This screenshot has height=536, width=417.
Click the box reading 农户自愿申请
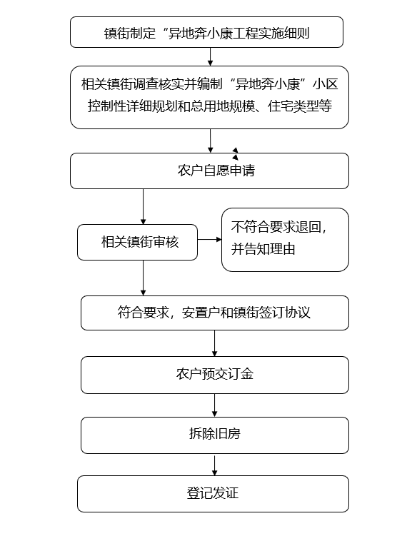[209, 171]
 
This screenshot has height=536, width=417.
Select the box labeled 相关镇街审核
[138, 242]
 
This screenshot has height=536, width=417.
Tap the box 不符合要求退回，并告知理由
[285, 240]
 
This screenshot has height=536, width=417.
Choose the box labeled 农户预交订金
[215, 375]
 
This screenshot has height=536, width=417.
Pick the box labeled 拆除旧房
[215, 435]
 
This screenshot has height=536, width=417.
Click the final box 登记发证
[213, 494]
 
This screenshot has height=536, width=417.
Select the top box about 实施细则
[206, 32]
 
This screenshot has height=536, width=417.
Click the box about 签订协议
[215, 313]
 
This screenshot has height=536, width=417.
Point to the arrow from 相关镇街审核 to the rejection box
[210, 239]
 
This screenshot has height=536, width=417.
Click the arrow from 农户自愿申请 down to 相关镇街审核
[143, 206]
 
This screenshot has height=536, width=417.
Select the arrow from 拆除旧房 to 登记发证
[214, 465]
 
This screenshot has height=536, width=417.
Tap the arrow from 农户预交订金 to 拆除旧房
[214, 405]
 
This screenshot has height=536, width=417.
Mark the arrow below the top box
[210, 56]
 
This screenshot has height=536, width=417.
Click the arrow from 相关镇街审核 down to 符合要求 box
[143, 278]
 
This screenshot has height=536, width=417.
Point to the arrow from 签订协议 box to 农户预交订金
[214, 343]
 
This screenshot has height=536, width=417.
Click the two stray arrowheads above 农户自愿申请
[235, 154]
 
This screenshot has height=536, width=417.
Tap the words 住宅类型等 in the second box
[300, 106]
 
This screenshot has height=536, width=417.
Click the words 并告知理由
[263, 249]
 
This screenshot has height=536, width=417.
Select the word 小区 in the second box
[325, 84]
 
